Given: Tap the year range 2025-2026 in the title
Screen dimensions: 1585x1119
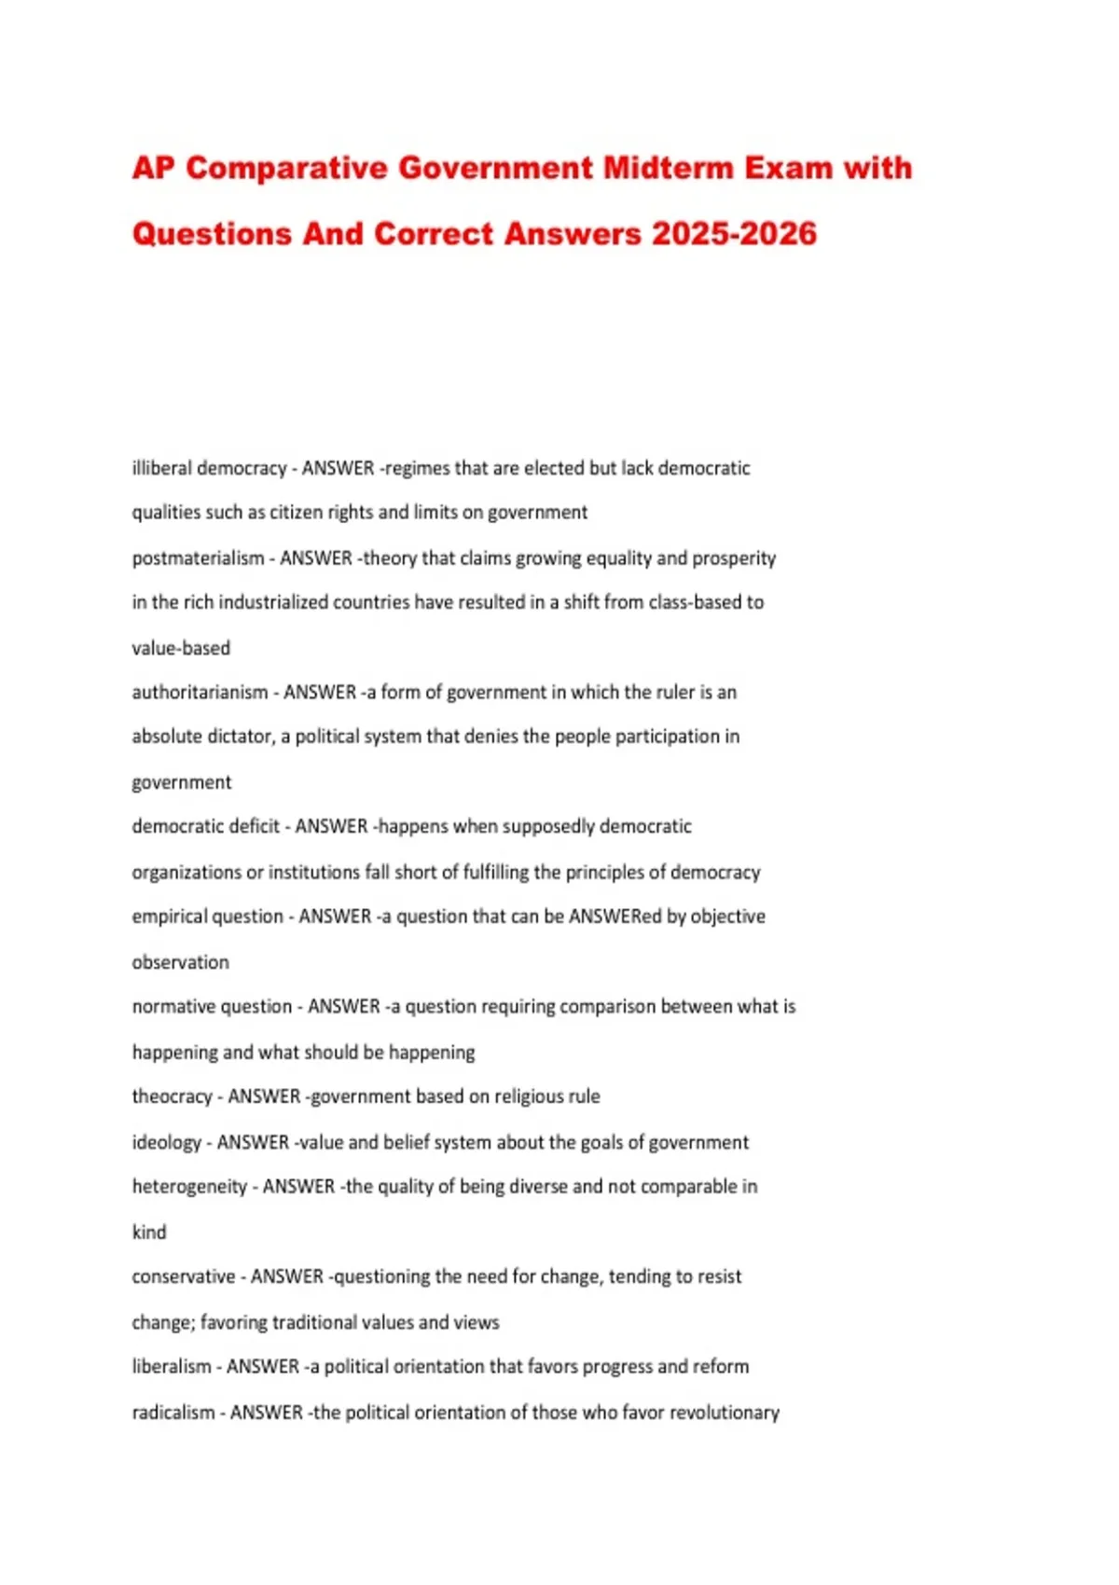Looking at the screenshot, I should pos(734,233).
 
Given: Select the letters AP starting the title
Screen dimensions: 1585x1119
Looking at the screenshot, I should pos(154,168).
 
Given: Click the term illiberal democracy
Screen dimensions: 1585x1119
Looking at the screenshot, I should pos(209,468).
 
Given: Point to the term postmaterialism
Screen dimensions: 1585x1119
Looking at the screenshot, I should pos(198,558).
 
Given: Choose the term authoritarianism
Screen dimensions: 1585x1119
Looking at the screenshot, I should pos(200,693).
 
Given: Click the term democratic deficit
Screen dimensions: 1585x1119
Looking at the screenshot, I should pos(205,827).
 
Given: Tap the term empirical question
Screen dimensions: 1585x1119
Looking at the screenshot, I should pos(207,917).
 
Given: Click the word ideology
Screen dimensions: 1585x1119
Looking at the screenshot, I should pos(166,1143).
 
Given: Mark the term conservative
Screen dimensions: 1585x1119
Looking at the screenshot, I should pos(183,1276).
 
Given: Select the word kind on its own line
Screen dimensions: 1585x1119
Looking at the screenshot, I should pos(149,1233).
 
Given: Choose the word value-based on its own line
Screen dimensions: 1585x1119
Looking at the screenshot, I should pos(181,648).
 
